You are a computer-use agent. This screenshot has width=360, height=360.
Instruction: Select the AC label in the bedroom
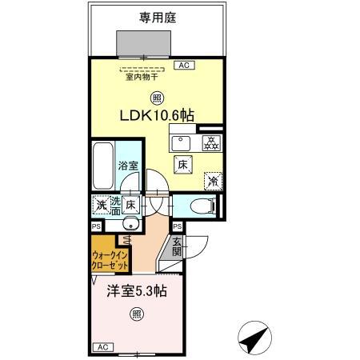[102, 346]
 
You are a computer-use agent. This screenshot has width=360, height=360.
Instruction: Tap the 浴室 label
[128, 167]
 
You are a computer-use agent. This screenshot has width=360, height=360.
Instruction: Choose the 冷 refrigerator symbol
[212, 180]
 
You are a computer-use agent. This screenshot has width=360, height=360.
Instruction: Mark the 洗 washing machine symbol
[102, 205]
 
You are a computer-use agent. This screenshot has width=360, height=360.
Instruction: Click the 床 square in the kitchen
[182, 165]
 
